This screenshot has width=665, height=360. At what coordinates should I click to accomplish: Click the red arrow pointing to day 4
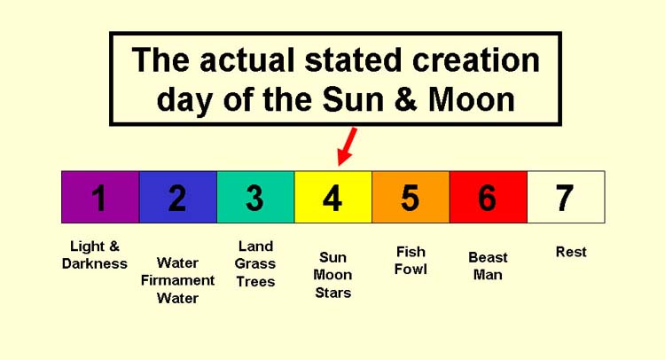347,146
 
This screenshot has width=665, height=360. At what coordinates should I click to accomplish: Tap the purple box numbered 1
100,197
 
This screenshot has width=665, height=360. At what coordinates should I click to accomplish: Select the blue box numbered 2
178,197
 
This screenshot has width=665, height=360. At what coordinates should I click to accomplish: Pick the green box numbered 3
255,197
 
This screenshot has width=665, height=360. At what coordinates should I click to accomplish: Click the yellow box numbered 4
333,197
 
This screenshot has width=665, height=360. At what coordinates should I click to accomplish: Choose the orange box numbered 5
411,197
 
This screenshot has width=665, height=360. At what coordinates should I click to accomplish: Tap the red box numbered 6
489,197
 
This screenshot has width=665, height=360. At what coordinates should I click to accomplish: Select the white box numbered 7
567,197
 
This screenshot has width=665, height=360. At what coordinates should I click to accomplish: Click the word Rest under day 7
571,252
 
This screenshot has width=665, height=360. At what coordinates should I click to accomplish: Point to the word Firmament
177,280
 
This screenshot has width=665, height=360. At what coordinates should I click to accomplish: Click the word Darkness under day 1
95,263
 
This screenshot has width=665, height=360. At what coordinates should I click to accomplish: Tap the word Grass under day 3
254,263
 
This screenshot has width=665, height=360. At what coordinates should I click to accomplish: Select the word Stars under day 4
332,293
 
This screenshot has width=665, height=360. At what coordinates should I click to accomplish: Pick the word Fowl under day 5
411,270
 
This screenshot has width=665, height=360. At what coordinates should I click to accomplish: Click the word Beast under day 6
488,257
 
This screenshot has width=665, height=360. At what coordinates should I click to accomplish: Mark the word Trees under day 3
255,282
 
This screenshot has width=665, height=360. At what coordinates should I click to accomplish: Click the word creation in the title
476,59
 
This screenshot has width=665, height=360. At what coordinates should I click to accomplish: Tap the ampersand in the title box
406,100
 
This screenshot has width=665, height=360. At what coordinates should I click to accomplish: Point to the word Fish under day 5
411,252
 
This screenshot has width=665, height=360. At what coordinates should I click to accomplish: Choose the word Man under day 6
488,275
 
